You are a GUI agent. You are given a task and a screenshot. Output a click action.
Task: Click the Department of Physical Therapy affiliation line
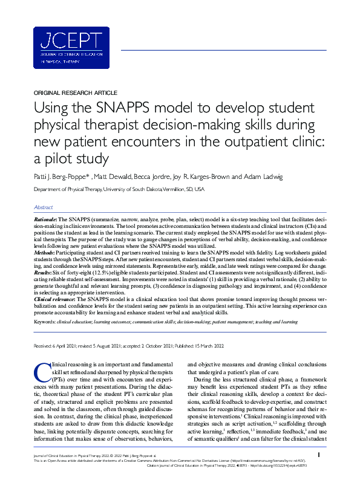click(119, 190)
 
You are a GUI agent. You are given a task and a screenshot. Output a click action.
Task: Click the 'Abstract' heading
click(43, 207)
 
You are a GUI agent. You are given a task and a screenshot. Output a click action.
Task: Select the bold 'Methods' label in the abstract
click(45, 246)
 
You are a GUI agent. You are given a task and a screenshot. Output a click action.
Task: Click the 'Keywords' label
click(47, 322)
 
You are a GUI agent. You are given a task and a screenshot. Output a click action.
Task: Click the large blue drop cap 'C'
click(41, 370)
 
